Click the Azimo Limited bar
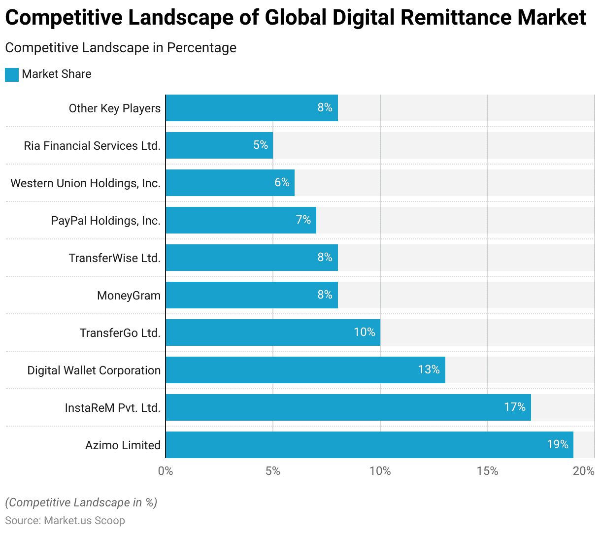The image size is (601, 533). (369, 445)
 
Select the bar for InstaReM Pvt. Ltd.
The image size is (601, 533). (348, 407)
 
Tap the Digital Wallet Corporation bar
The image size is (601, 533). (305, 370)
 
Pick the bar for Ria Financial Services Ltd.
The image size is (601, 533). (219, 145)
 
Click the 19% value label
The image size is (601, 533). (557, 444)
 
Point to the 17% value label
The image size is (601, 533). (514, 407)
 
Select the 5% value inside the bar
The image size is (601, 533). (261, 145)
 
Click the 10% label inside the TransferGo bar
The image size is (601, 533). (365, 332)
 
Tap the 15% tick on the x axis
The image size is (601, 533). (487, 471)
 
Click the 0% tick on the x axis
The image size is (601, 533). (166, 471)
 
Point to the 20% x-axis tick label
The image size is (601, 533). (584, 471)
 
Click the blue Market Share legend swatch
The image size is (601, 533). (12, 74)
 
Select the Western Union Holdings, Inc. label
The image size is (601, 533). (86, 183)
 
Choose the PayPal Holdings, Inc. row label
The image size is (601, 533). (106, 221)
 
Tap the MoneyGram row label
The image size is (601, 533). (129, 296)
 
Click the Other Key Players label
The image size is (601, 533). (115, 108)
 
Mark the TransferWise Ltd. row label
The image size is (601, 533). (115, 258)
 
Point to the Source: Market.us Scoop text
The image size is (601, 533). (65, 521)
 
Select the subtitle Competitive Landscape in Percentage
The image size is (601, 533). (121, 48)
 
